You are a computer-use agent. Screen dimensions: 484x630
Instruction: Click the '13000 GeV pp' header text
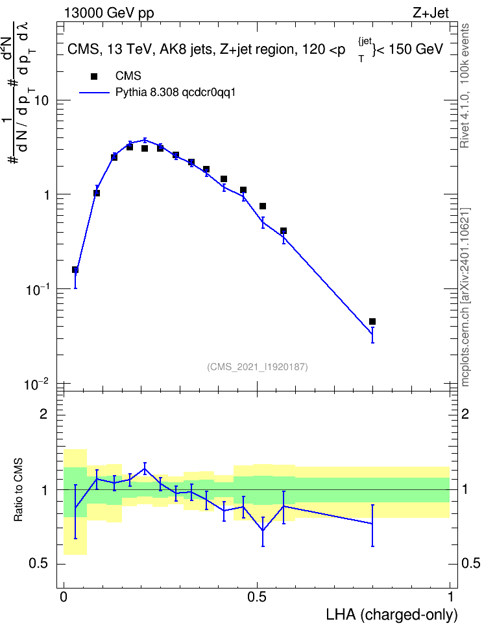(x=109, y=13)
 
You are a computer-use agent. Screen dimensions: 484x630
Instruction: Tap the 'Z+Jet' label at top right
(x=431, y=13)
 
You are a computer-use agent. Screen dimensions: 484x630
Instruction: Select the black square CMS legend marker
(x=94, y=76)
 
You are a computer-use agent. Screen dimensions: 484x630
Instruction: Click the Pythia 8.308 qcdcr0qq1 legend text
(x=175, y=93)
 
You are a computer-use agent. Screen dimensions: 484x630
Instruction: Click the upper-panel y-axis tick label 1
(x=47, y=195)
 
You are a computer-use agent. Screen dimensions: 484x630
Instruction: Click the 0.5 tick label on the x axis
(x=257, y=597)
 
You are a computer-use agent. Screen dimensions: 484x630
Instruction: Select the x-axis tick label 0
(x=64, y=597)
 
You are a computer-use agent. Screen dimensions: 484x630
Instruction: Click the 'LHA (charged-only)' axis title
(x=391, y=615)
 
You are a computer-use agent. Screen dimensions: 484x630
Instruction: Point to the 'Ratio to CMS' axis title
(x=18, y=489)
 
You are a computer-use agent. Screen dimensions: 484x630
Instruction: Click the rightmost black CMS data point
(x=372, y=321)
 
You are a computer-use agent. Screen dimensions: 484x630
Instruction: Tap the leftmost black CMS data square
(x=75, y=270)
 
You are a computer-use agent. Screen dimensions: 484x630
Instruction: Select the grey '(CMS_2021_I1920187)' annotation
(x=258, y=367)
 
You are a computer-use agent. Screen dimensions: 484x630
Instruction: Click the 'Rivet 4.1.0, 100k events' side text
(x=465, y=86)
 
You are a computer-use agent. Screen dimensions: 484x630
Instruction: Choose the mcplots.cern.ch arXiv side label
(x=465, y=297)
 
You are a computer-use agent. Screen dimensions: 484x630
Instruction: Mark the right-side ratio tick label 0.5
(x=471, y=563)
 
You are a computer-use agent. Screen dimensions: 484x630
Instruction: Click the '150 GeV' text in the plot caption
(x=416, y=49)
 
